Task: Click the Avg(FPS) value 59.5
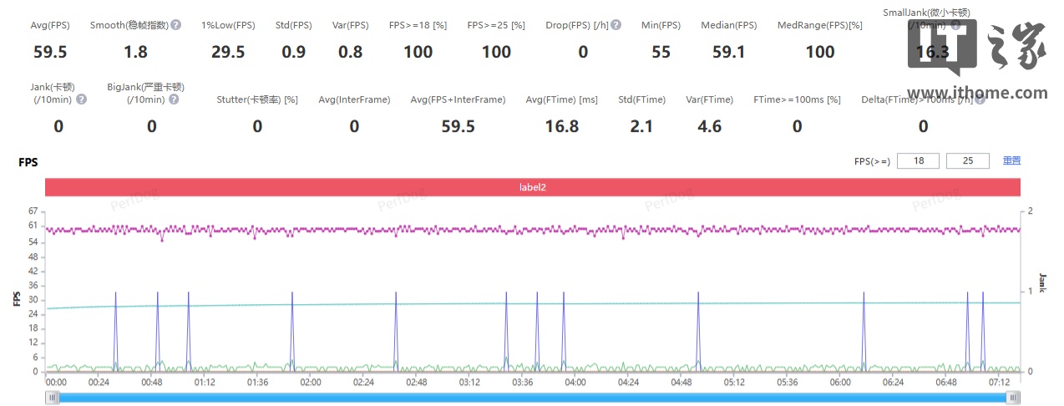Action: (x=50, y=52)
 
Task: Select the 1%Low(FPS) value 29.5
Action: (x=228, y=52)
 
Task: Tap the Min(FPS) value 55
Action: (x=661, y=52)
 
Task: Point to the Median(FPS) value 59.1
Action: (x=728, y=52)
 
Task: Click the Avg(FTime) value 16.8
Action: (x=561, y=126)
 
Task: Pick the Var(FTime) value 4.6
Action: (x=709, y=126)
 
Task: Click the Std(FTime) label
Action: (x=641, y=100)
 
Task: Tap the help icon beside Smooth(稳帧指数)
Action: (x=175, y=25)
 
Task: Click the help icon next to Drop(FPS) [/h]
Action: (x=616, y=25)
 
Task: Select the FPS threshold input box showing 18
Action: (x=918, y=160)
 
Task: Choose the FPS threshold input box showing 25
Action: (x=968, y=160)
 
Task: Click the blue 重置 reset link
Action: (x=1011, y=160)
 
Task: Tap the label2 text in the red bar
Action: (x=532, y=187)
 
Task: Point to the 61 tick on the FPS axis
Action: (x=33, y=226)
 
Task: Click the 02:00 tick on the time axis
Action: (x=310, y=382)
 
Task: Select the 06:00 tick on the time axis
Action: (x=840, y=382)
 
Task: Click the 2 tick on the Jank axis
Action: (x=1030, y=211)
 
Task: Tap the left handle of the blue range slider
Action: (x=53, y=398)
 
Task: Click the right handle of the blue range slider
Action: (x=1013, y=398)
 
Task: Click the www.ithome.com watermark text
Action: (x=976, y=93)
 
